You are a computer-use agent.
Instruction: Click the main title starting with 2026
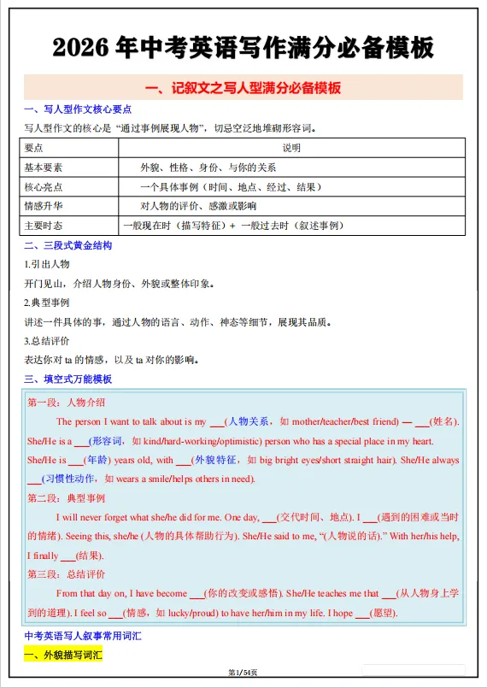(x=243, y=47)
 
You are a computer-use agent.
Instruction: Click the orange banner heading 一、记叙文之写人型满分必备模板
(x=243, y=88)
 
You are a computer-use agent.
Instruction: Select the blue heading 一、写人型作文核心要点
(x=77, y=111)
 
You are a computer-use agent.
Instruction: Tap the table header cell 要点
(x=33, y=148)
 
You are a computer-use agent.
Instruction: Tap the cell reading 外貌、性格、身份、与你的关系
(x=208, y=168)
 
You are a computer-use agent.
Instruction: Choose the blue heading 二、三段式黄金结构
(x=67, y=246)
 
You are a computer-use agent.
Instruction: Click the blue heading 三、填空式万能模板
(x=67, y=379)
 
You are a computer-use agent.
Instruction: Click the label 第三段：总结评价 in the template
(x=67, y=573)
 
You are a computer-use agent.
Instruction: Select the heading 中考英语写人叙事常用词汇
(x=83, y=638)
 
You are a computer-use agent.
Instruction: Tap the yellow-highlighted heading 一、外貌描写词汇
(x=62, y=656)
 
